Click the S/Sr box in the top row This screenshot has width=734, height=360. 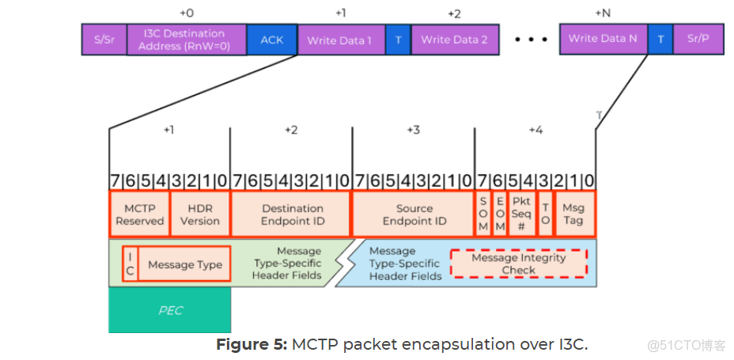click(104, 40)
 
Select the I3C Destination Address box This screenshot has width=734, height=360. click(187, 40)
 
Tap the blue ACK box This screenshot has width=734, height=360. click(271, 40)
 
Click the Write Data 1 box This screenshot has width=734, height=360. click(341, 40)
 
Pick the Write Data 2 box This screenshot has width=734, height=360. click(454, 40)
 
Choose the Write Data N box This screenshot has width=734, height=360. click(603, 40)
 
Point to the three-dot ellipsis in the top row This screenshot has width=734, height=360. click(528, 40)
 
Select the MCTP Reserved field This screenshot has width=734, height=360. click(139, 214)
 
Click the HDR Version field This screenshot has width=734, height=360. click(199, 214)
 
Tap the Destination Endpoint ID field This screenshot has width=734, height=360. click(291, 214)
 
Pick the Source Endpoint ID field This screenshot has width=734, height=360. click(413, 214)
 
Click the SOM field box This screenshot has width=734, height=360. click(482, 214)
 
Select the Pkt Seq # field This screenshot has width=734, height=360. click(520, 214)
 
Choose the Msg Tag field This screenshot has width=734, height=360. click(573, 214)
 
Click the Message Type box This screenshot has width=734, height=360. click(184, 264)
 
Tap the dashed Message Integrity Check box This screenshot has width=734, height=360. click(518, 263)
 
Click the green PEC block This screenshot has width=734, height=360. click(169, 310)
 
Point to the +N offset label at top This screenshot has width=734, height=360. click(603, 13)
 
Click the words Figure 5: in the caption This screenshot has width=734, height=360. click(252, 345)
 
